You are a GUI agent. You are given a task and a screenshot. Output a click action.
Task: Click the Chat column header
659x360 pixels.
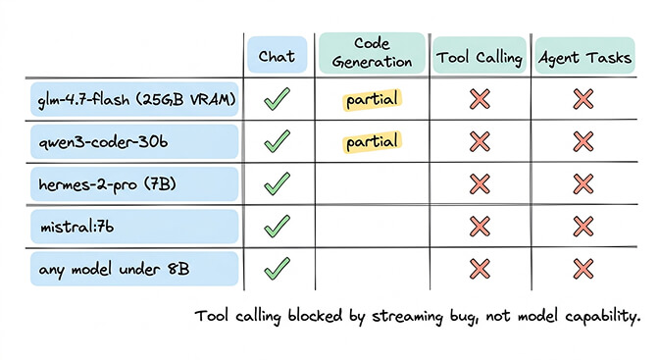(277, 57)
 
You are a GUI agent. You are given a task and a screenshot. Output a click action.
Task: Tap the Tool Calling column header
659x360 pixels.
(480, 57)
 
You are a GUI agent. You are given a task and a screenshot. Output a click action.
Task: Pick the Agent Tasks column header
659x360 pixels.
(583, 57)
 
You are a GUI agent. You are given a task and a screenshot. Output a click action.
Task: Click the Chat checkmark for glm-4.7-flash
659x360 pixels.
(278, 99)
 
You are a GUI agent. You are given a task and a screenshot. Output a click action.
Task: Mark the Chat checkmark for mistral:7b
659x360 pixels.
(278, 226)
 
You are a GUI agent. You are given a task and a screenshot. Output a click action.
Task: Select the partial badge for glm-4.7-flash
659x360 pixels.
(373, 99)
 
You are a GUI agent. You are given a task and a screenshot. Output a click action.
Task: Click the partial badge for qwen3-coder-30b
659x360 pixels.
(373, 141)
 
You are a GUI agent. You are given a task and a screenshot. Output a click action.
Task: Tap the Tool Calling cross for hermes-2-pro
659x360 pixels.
(480, 183)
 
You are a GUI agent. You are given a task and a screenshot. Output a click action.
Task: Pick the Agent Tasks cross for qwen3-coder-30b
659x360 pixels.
(583, 141)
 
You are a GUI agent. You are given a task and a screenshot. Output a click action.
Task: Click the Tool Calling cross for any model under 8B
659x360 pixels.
(480, 267)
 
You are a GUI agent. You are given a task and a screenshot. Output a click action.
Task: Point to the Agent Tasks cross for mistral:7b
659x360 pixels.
(583, 226)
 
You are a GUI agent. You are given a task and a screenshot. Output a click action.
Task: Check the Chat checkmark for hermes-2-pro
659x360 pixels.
(278, 183)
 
